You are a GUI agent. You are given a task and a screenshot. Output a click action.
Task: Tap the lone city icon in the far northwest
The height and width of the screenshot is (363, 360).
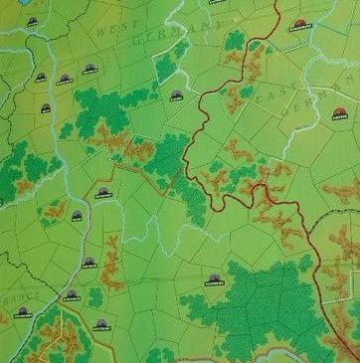coord(33,21)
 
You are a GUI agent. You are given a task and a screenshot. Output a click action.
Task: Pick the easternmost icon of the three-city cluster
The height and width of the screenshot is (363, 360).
coord(90,69)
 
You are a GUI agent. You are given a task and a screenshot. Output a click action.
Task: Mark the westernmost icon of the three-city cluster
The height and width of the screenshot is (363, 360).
coord(41,77)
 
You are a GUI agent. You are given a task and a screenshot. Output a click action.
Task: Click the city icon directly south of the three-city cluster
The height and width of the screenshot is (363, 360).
coord(46,108)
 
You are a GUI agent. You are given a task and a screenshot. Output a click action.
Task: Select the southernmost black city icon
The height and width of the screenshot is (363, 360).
coord(100,322)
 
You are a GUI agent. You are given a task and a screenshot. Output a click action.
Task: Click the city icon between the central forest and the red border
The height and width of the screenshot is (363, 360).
coord(176,95)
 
